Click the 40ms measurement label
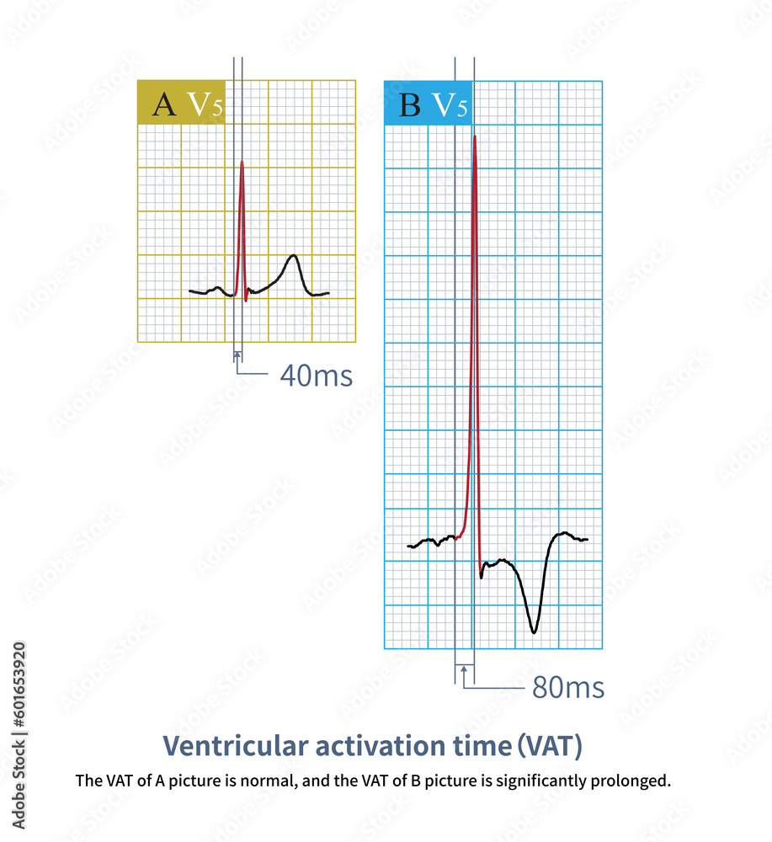point(316,376)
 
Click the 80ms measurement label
point(567,688)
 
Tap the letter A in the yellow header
point(164,104)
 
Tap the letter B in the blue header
point(410,105)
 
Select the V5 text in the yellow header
point(205,104)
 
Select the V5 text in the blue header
point(450,105)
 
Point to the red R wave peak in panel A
point(242,162)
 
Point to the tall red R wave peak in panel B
point(475,136)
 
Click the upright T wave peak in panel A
point(292,255)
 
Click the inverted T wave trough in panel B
point(533,631)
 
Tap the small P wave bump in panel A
point(219,288)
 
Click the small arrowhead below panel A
point(237,354)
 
